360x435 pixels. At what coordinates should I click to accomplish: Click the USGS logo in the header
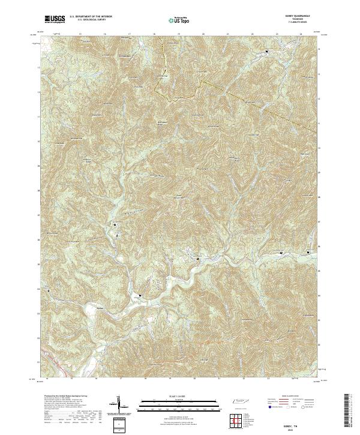pos(55,19)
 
